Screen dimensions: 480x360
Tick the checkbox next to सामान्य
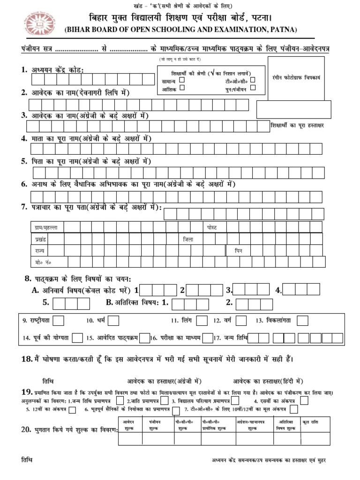click(x=182, y=81)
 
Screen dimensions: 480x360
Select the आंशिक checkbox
click(x=182, y=89)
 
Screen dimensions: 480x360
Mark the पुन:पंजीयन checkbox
click(x=253, y=89)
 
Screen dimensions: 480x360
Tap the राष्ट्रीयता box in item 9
click(x=59, y=321)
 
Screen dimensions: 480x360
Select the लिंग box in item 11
click(x=202, y=321)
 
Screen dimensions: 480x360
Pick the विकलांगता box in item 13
click(x=302, y=321)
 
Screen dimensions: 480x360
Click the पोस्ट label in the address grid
click(x=212, y=227)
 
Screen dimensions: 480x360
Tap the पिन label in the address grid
click(x=239, y=251)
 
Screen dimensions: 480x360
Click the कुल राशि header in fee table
click(x=311, y=422)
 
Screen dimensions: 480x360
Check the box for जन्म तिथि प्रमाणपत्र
click(x=120, y=400)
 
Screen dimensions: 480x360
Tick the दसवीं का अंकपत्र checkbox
click(x=304, y=400)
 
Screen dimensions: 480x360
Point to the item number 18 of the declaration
click(x=26, y=359)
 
